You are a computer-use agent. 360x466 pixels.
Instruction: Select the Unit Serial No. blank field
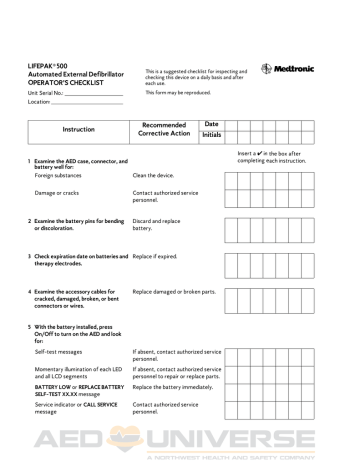pos(91,93)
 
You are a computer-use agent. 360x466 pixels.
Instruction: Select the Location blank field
pos(85,102)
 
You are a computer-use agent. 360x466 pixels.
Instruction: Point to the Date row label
pos(211,122)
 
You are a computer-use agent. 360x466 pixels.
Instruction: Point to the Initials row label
pos(211,135)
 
